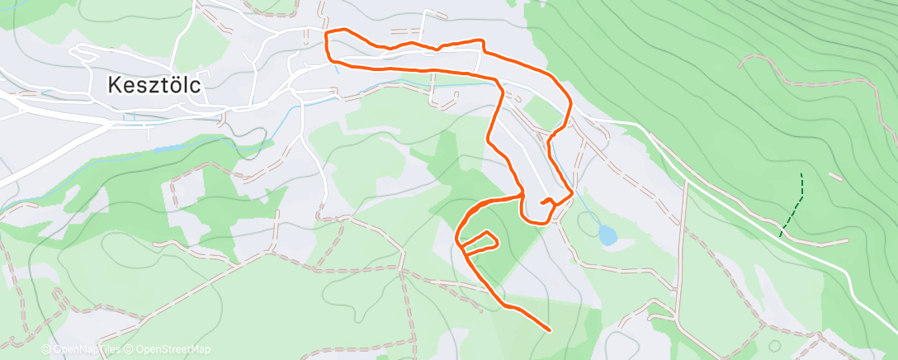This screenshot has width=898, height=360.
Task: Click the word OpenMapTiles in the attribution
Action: tap(86, 349)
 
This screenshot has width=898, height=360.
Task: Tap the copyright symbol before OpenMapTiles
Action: tap(45, 349)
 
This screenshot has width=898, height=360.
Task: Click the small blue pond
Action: tap(608, 236)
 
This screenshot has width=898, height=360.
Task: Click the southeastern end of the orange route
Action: tap(549, 329)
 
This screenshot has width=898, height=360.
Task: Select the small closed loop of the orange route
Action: tap(480, 240)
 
